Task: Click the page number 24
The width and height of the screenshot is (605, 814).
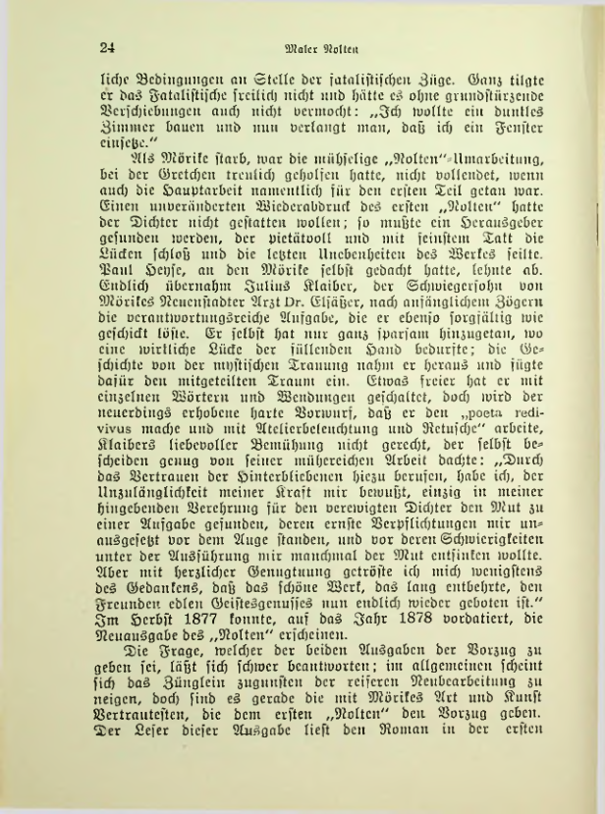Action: tap(108, 46)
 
